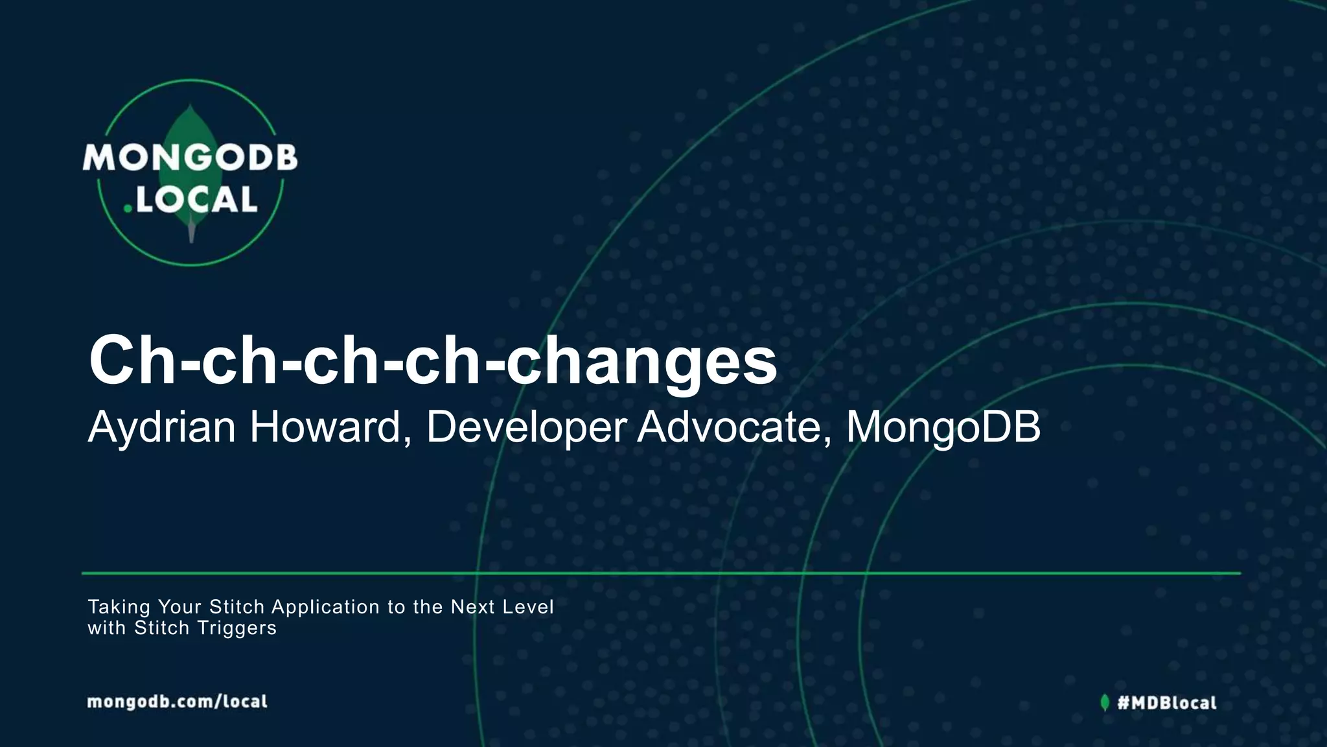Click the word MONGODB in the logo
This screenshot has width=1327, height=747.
pos(190,158)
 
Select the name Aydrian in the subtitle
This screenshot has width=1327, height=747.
pos(161,427)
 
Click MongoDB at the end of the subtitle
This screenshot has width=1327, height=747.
pos(943,427)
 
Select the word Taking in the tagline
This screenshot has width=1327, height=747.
pos(119,607)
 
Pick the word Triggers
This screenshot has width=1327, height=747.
pos(237,628)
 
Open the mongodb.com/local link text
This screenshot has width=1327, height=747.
pos(177,702)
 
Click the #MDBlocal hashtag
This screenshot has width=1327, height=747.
pos(1167,702)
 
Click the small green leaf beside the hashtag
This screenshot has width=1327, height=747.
pos(1105,702)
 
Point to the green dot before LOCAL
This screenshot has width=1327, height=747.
pos(128,208)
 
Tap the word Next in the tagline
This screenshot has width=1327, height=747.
pos(472,607)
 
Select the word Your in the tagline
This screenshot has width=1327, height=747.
pos(180,607)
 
